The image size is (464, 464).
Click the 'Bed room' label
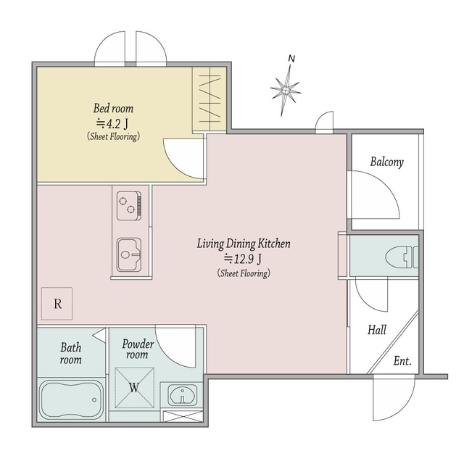(x=113, y=108)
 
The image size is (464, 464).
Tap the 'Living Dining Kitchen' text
(x=244, y=244)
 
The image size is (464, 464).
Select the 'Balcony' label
(x=386, y=162)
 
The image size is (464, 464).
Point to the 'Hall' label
(x=377, y=330)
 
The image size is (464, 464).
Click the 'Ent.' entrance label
(x=402, y=361)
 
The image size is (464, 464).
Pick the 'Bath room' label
(x=71, y=353)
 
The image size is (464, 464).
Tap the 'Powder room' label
(x=138, y=349)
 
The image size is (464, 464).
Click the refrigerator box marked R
(x=57, y=304)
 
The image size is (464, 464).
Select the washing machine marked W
(x=134, y=388)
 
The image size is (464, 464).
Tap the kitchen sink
(x=129, y=254)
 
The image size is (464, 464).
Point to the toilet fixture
(x=402, y=257)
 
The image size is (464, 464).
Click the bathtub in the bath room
(x=71, y=399)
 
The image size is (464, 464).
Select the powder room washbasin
(x=182, y=395)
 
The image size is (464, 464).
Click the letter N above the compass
(x=291, y=59)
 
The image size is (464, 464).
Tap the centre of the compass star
(x=286, y=90)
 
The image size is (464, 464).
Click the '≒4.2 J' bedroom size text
(x=113, y=124)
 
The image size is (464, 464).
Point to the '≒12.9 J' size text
(x=244, y=260)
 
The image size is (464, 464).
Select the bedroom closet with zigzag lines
(x=210, y=99)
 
